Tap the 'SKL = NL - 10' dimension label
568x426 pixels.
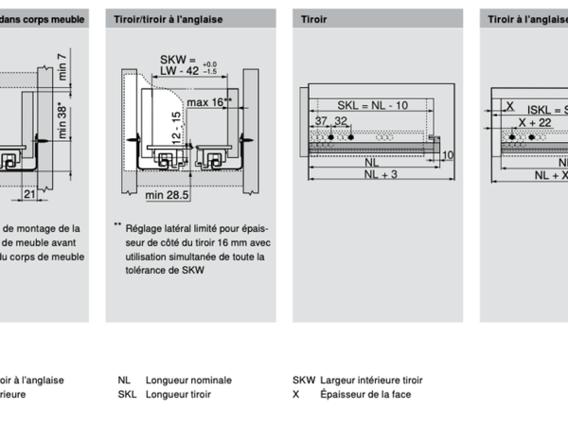pyautogui.click(x=372, y=105)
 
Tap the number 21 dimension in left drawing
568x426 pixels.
pyautogui.click(x=31, y=194)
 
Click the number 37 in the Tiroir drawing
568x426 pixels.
pyautogui.click(x=322, y=122)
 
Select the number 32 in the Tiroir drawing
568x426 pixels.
pyautogui.click(x=342, y=122)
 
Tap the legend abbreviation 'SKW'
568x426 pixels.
pyautogui.click(x=303, y=380)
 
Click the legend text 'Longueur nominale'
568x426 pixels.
pyautogui.click(x=188, y=380)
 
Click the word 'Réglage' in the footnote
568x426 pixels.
pyautogui.click(x=145, y=227)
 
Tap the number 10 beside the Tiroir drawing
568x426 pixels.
pyautogui.click(x=449, y=155)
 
